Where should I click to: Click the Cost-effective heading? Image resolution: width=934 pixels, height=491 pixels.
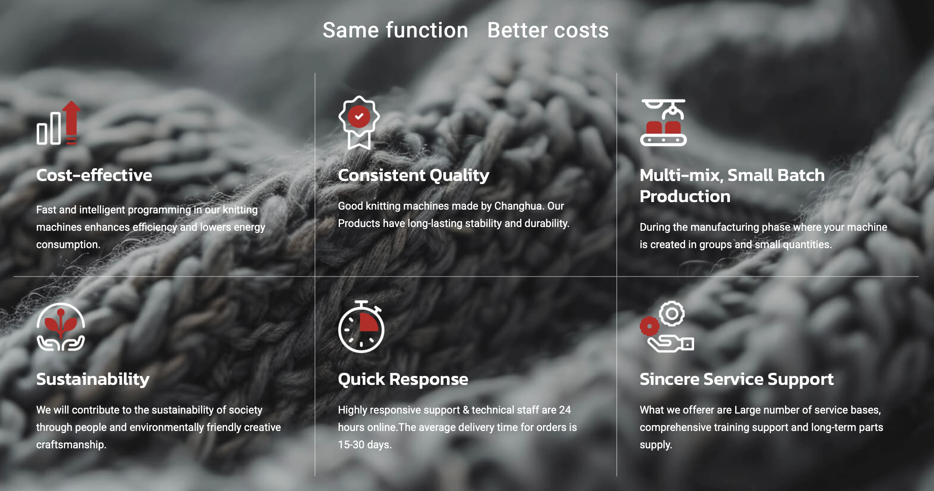[94, 175]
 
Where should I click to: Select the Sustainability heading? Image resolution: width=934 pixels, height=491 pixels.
[93, 380]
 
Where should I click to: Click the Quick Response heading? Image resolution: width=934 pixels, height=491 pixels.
[403, 380]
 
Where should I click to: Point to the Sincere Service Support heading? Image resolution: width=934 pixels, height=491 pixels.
[736, 380]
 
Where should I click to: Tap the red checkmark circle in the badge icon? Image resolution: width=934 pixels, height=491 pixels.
[359, 116]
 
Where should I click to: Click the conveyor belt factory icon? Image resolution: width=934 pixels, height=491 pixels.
[664, 122]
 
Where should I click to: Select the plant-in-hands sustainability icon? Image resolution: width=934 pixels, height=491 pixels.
[61, 327]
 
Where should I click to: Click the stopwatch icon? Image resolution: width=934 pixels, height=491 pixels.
[361, 327]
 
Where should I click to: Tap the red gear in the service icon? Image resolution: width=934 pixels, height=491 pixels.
[649, 326]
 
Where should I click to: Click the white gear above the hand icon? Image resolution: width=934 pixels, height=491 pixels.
[672, 313]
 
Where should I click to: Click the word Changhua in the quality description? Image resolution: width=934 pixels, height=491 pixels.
[518, 206]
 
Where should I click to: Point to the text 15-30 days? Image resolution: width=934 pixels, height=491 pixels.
[365, 445]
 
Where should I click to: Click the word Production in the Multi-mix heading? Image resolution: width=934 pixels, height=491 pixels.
[685, 197]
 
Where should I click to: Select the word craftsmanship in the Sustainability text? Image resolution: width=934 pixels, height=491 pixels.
[71, 445]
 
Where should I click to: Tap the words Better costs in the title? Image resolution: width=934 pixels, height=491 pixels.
[548, 30]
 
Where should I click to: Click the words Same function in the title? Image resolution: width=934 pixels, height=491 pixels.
[395, 30]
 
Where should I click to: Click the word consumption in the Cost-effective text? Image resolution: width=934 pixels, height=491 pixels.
[68, 245]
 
